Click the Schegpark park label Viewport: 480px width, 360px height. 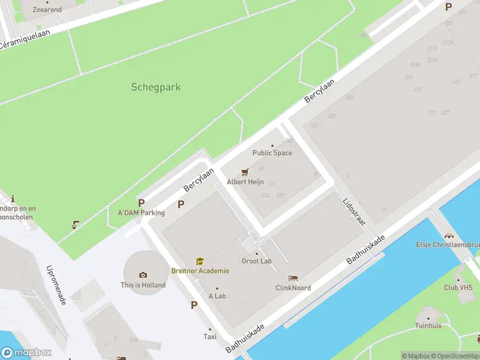click(x=156, y=87)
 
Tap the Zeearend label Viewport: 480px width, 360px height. click(x=47, y=10)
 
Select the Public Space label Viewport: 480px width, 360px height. click(x=272, y=153)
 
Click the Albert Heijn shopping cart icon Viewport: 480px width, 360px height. click(x=245, y=172)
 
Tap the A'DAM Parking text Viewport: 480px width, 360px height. click(x=141, y=212)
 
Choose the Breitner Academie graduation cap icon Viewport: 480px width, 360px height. click(x=200, y=261)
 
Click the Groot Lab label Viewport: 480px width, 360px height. click(x=257, y=261)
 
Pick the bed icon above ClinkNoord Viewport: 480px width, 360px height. click(x=293, y=278)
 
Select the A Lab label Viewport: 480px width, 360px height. click(x=217, y=296)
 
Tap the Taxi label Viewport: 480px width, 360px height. click(x=210, y=337)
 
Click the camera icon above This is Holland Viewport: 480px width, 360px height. click(x=143, y=275)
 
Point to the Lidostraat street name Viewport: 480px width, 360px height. click(x=354, y=212)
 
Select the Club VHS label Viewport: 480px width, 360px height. click(x=459, y=287)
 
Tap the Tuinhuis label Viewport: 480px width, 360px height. click(x=428, y=325)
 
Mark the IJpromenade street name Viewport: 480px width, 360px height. click(x=56, y=285)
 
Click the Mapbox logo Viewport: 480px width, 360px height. click(x=26, y=353)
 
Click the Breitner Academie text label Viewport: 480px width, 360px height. click(x=200, y=271)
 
